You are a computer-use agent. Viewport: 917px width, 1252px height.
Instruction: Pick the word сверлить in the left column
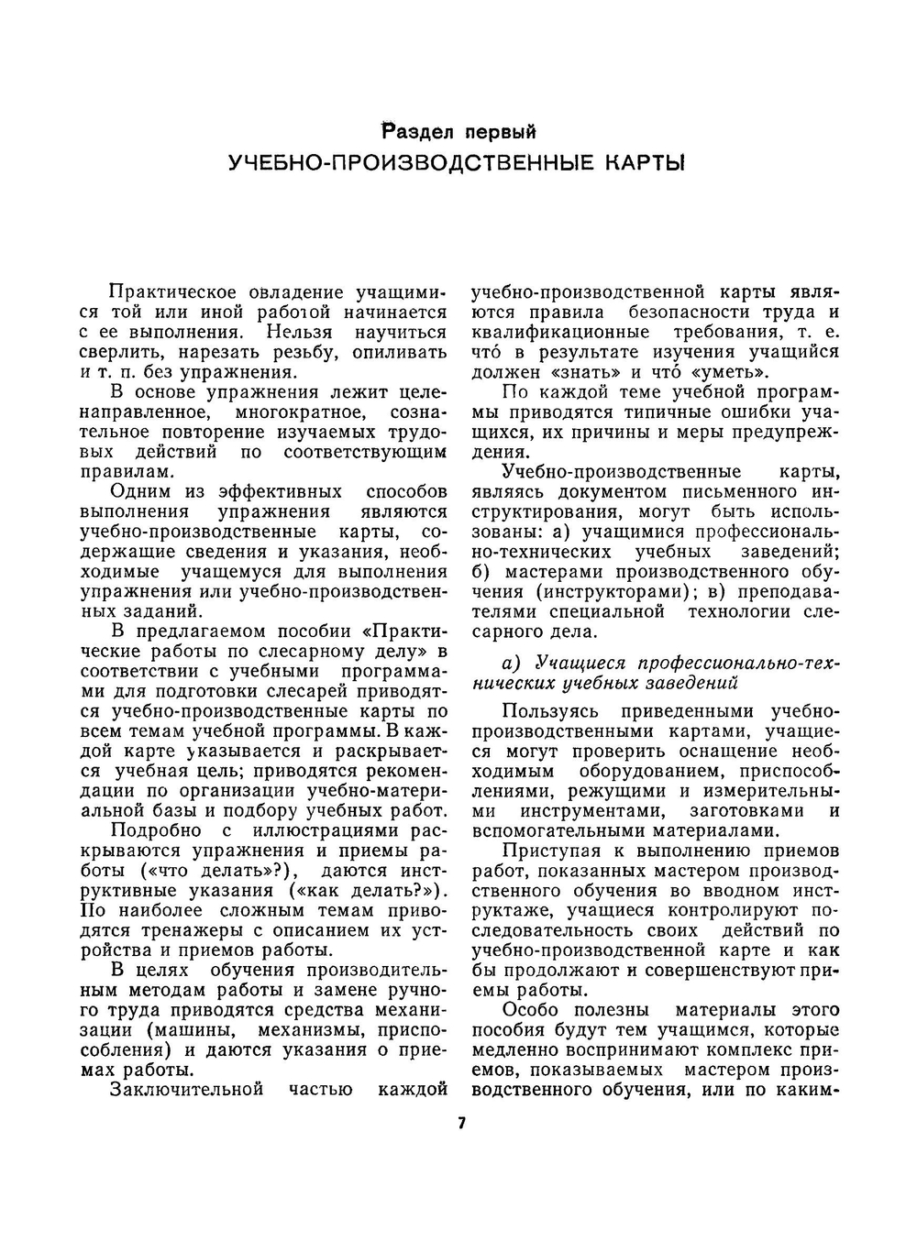pyautogui.click(x=116, y=352)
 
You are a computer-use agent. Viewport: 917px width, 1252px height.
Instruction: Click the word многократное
pyautogui.click(x=287, y=412)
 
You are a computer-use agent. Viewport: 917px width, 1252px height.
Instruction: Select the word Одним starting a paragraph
pyautogui.click(x=140, y=492)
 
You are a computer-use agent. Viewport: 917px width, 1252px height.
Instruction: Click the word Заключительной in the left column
pyautogui.click(x=186, y=1090)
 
